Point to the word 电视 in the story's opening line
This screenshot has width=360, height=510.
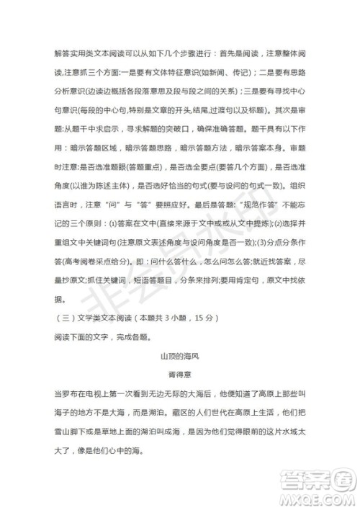106,393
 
